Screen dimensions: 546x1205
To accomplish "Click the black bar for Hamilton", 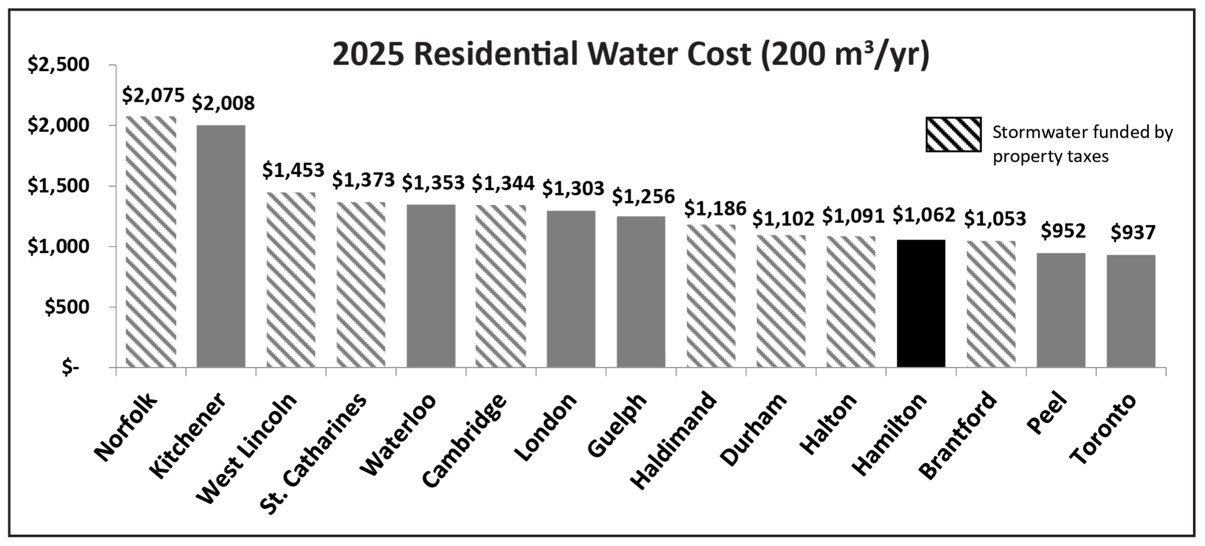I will point(921,303).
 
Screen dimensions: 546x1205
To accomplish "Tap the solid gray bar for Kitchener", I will point(220,246).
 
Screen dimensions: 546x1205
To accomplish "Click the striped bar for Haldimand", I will point(711,295).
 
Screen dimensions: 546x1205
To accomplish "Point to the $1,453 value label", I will point(293,170).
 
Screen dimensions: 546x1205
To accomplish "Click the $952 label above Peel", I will point(1063,231).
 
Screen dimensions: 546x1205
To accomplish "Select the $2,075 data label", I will point(153,95).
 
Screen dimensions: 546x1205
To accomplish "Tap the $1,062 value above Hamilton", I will point(923,215).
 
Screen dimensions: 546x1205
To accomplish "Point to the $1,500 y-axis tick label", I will point(58,186).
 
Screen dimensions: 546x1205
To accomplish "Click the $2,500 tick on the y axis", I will point(58,65).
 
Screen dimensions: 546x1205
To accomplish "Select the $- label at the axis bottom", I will point(70,367).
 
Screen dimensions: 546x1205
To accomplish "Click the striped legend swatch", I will point(953,134).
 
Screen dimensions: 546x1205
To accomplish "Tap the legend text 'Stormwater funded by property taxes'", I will point(1082,144).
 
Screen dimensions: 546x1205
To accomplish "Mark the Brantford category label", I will point(958,434).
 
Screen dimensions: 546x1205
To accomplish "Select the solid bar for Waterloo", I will point(431,286).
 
